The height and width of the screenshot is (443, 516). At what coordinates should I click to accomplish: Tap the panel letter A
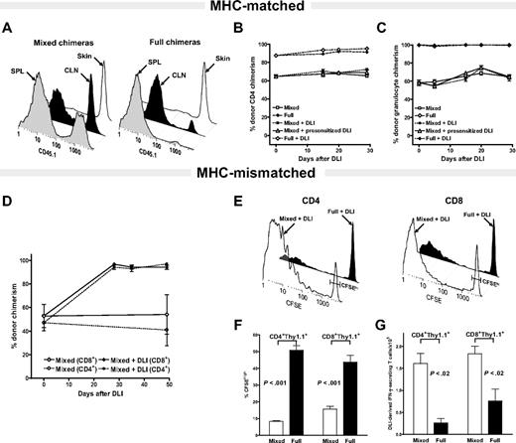pyautogui.click(x=9, y=28)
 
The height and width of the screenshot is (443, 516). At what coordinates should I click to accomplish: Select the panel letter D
pyautogui.click(x=9, y=206)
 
